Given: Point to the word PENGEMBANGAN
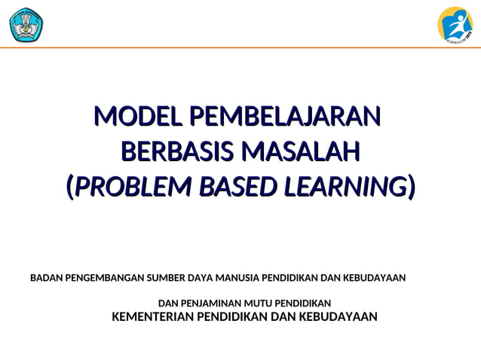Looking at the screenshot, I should tap(103, 278).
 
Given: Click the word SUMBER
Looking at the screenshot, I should tap(167, 278).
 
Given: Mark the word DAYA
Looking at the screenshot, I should tap(201, 278).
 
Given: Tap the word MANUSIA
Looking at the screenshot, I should tap(236, 278).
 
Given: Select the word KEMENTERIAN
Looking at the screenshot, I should tap(152, 316).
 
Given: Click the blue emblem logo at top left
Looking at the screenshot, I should tap(26, 24).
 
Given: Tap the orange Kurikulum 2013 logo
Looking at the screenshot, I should tap(455, 24).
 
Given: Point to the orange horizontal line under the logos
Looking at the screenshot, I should tap(240, 47).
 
